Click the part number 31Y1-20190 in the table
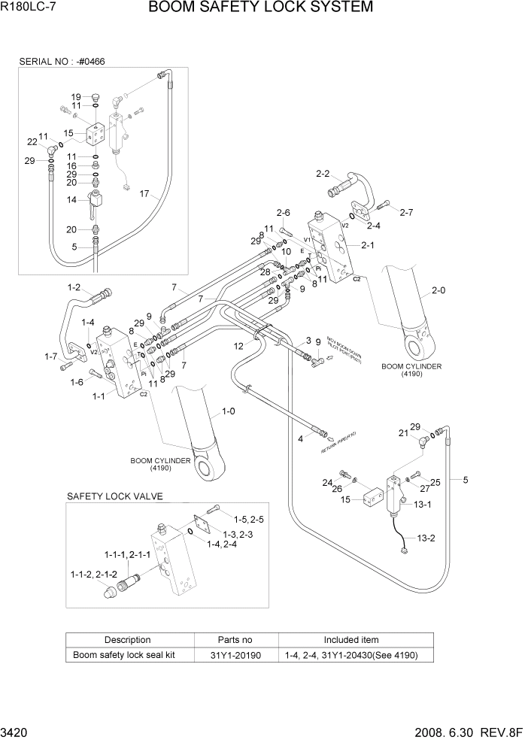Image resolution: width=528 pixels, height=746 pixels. click(235, 655)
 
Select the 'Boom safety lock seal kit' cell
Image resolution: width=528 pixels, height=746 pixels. click(124, 655)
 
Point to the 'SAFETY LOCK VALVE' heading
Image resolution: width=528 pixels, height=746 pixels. click(114, 497)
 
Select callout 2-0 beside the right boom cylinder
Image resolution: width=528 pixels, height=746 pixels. click(438, 289)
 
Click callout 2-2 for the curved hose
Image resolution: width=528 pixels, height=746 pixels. click(323, 174)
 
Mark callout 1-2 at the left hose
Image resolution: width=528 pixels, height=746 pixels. click(74, 287)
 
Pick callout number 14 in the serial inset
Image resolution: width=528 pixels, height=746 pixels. click(72, 200)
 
